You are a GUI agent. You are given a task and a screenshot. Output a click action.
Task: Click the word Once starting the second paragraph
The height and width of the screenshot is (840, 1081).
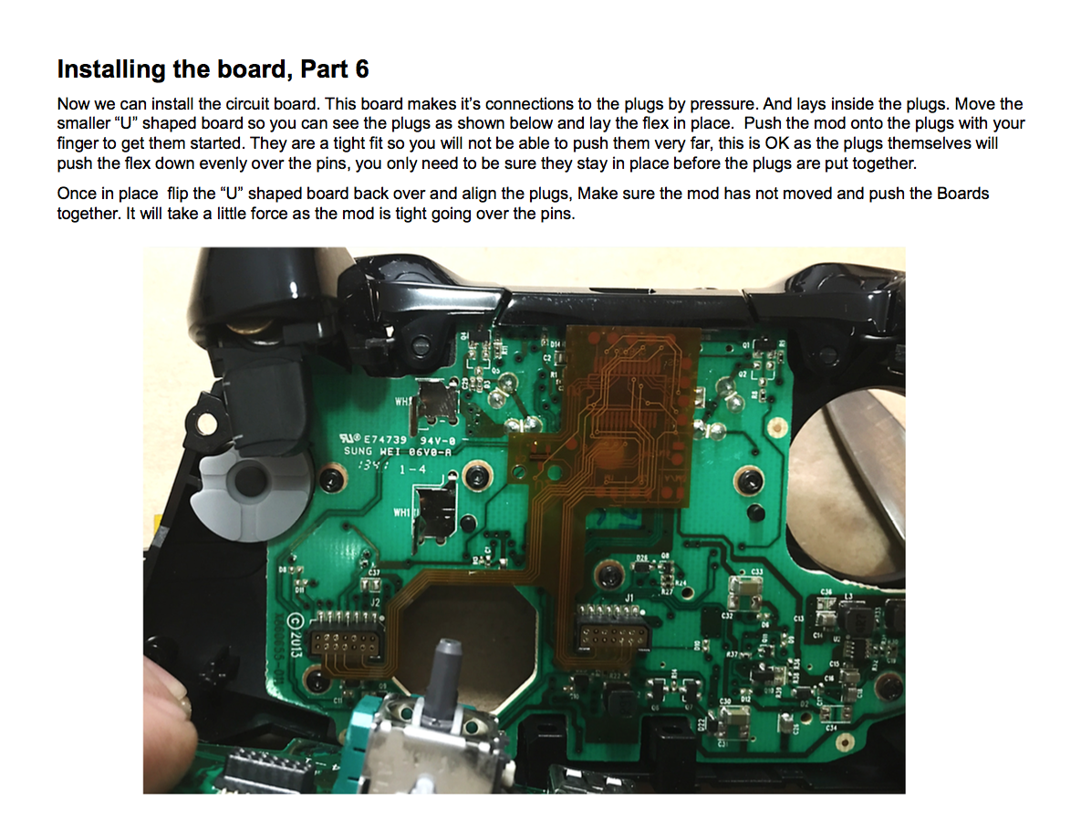point(77,194)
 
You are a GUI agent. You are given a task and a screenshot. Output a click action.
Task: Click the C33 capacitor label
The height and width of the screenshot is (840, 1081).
point(756,572)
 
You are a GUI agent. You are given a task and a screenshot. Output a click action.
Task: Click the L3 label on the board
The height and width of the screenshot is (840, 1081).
point(847,594)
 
